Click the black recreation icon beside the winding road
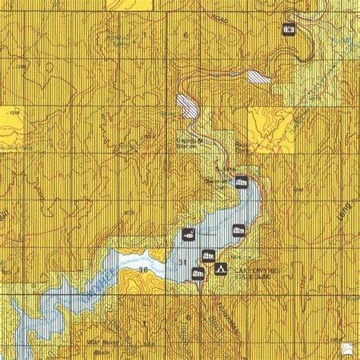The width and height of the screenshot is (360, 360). click(x=289, y=30)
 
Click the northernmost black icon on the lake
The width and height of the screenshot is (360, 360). click(x=241, y=182)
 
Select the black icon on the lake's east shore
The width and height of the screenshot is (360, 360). click(x=238, y=230)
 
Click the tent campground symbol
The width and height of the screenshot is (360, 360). click(x=221, y=268)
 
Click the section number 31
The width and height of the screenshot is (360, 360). click(x=181, y=262)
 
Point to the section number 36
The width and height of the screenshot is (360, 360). click(x=142, y=269)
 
